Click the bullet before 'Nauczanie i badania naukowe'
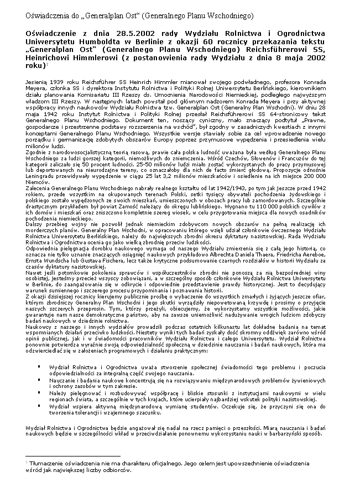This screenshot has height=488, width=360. [x=39, y=381]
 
